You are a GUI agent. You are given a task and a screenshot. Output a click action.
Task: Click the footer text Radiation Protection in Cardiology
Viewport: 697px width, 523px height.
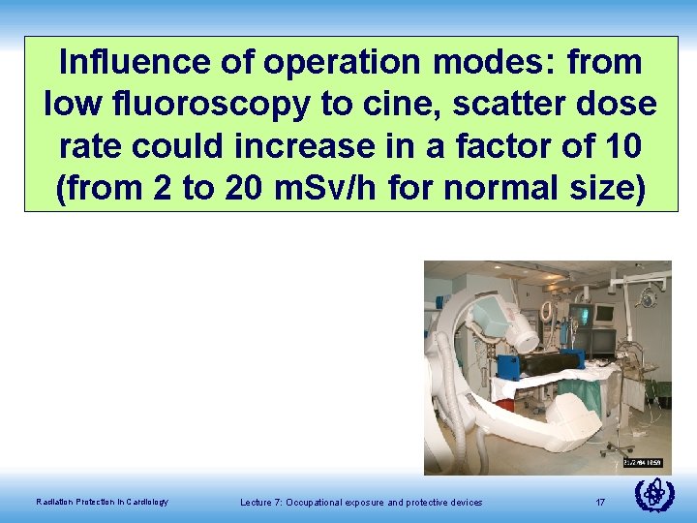pos(102,501)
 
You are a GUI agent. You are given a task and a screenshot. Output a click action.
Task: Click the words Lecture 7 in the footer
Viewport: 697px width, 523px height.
pos(261,501)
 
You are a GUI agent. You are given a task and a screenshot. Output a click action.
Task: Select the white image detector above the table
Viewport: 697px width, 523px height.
pos(508,320)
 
